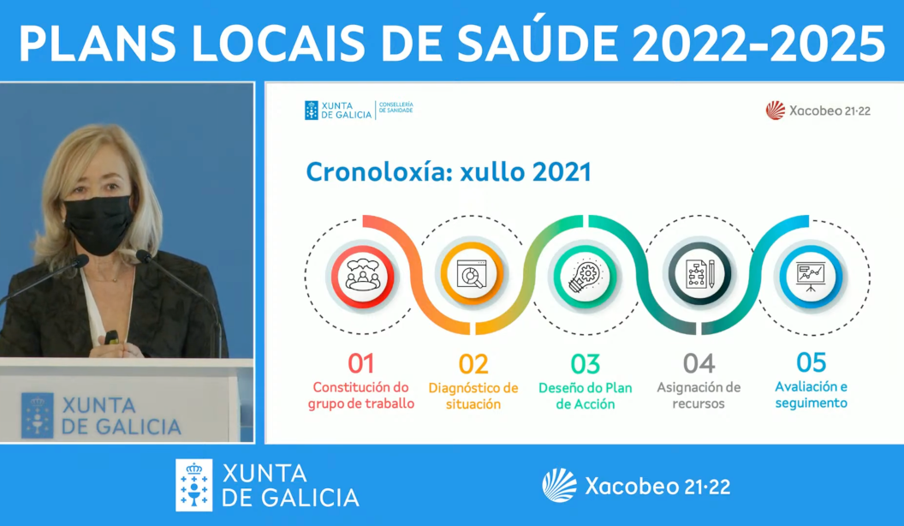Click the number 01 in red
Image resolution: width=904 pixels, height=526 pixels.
(361, 363)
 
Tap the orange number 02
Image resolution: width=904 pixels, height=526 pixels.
(473, 364)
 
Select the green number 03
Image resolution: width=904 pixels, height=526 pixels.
(586, 364)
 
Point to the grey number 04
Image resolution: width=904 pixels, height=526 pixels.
(699, 363)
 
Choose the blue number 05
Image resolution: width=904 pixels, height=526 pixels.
(812, 362)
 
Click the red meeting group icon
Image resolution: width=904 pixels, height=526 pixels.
(363, 276)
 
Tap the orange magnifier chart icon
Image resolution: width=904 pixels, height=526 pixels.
(473, 274)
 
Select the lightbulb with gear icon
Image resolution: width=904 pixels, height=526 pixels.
(586, 276)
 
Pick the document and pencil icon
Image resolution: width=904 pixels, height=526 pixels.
(699, 274)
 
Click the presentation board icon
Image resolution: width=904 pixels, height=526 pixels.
(811, 276)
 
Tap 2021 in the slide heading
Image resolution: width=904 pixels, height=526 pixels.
(561, 172)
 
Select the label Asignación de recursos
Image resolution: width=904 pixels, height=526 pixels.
(699, 395)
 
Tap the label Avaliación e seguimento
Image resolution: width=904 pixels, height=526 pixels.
(812, 394)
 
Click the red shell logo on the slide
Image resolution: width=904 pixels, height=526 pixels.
(776, 111)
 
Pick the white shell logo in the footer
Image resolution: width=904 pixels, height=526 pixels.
(559, 485)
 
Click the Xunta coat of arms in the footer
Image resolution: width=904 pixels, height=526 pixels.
(194, 485)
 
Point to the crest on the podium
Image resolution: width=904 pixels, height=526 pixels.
(38, 415)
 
